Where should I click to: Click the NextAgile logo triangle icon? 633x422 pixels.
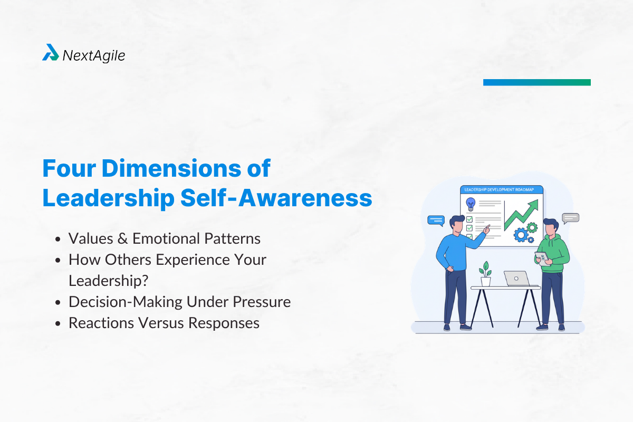[51, 53]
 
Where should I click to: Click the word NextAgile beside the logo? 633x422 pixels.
[94, 55]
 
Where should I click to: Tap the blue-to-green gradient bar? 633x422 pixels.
[536, 82]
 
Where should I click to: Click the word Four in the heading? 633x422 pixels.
[68, 168]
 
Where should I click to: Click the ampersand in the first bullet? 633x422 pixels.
[123, 238]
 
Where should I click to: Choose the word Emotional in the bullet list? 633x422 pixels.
[167, 238]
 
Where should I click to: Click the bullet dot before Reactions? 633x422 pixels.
[59, 323]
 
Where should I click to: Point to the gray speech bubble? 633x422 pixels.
[571, 217]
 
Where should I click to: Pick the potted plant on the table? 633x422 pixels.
[485, 275]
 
